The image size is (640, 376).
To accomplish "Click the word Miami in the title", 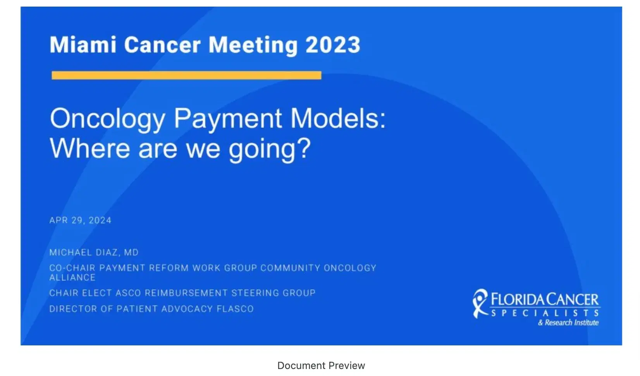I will click(x=83, y=45).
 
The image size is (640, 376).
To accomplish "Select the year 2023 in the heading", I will click(x=333, y=45).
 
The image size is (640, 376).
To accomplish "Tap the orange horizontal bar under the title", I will click(x=186, y=75).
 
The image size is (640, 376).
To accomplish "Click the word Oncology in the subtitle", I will click(x=108, y=119).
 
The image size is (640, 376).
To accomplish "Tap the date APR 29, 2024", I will click(x=80, y=221).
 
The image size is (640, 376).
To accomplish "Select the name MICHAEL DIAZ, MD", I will click(x=94, y=253).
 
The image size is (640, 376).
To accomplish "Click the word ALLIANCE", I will click(x=72, y=278).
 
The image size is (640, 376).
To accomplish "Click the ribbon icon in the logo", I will click(x=480, y=304).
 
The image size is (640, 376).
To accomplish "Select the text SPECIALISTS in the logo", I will click(x=545, y=313).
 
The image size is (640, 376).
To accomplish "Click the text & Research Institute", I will click(x=568, y=323).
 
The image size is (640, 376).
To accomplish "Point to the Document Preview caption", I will click(x=321, y=366).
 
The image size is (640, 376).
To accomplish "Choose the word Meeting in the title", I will click(x=253, y=45).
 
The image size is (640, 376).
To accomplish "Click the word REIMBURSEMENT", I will click(x=186, y=293).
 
